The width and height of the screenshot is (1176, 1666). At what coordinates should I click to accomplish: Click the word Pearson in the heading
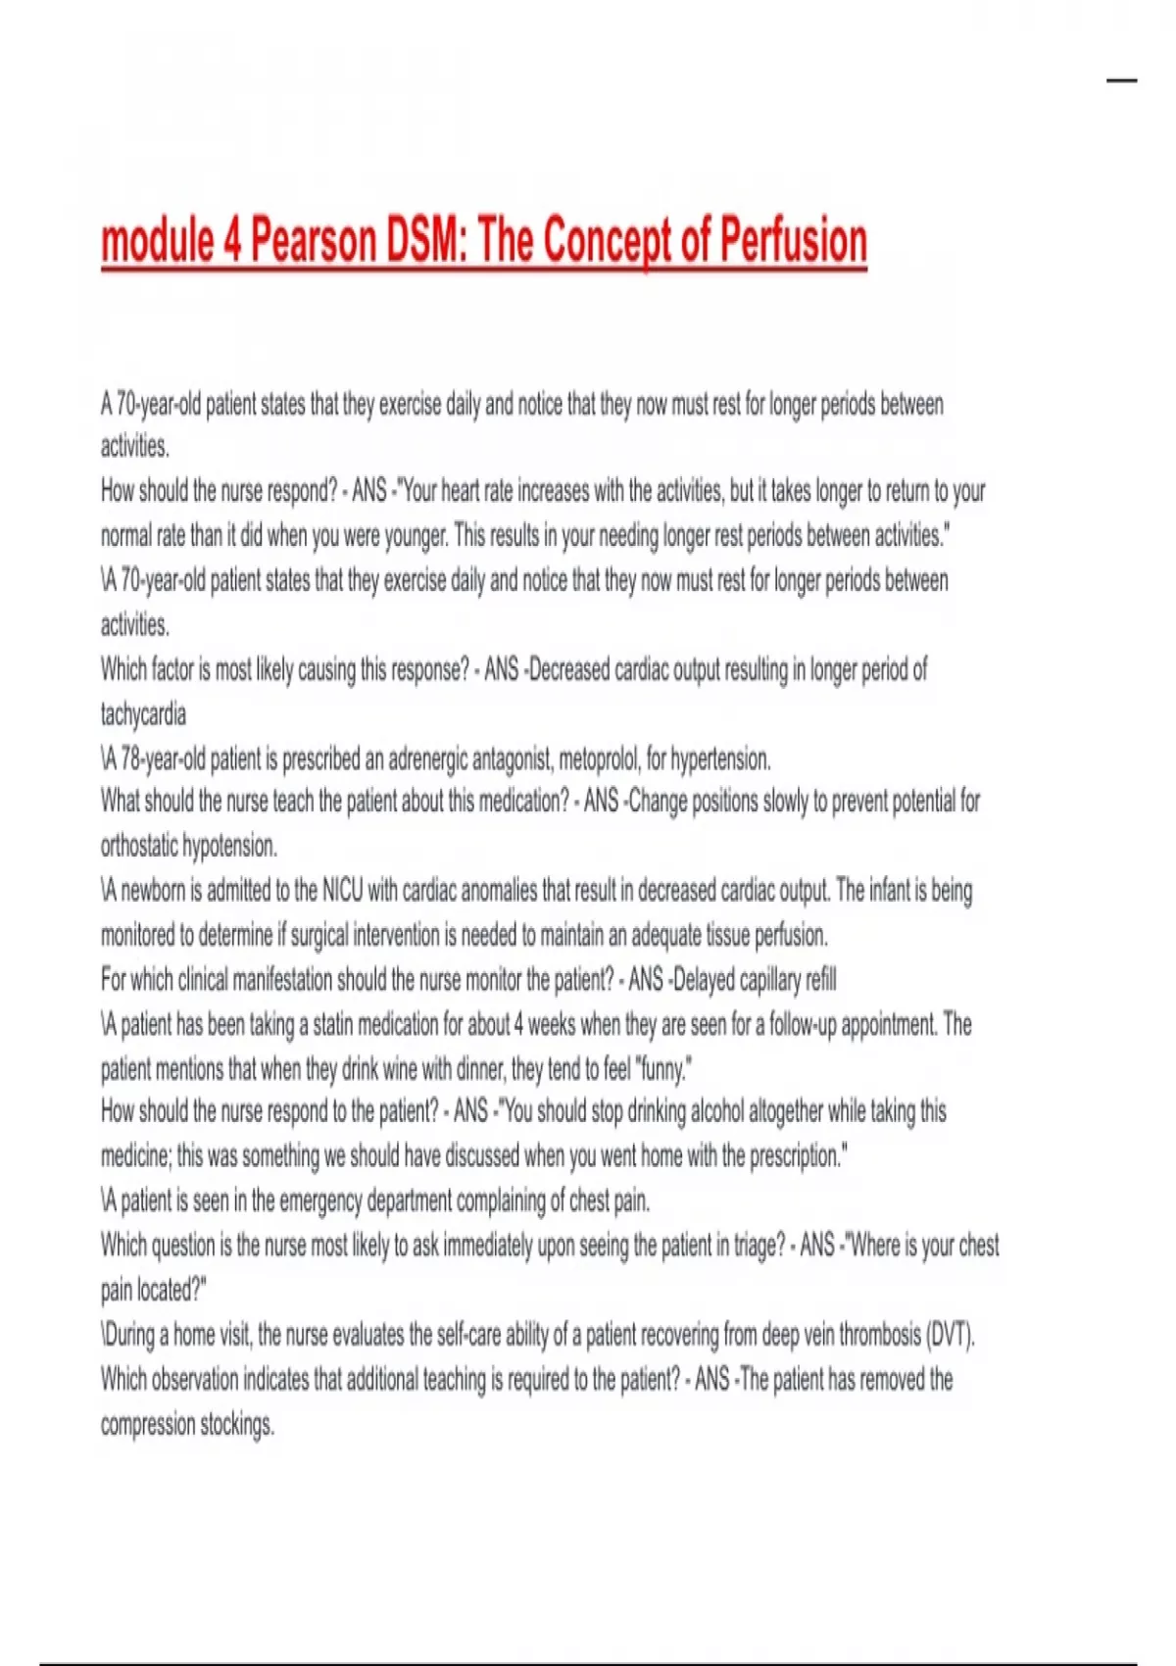point(314,241)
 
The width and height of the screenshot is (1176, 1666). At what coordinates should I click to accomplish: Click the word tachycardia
point(143,714)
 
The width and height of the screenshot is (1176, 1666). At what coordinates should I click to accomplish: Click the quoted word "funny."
point(665,1069)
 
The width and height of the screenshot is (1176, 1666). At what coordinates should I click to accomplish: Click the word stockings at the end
point(236,1424)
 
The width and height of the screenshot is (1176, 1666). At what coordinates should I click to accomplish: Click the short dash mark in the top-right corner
point(1122,80)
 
